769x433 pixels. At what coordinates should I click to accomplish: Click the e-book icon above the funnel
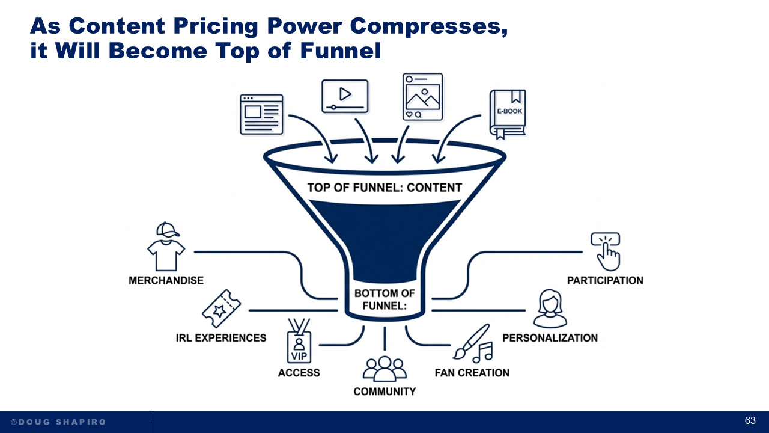pos(508,112)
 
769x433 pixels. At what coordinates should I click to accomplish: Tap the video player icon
pos(345,96)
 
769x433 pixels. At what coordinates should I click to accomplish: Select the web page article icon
pos(261,114)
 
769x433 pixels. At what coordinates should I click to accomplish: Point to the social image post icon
pos(422,97)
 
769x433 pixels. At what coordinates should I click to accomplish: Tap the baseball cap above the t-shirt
pos(168,229)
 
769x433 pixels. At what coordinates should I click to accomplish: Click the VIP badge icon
pos(299,345)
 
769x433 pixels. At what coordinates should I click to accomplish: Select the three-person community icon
pos(384,368)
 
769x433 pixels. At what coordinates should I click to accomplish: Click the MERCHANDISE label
pos(166,280)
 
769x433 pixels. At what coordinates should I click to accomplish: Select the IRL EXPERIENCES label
pos(221,337)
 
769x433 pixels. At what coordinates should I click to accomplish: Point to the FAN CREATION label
pos(472,373)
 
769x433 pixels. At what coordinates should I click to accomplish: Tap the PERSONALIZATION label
pos(550,337)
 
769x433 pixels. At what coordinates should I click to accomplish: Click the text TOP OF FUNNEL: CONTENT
pos(384,188)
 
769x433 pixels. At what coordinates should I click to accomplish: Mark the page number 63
pos(750,420)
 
